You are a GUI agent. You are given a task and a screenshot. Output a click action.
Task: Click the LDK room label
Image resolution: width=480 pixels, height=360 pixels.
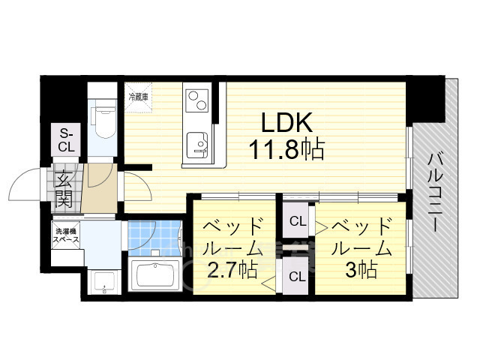point(286,122)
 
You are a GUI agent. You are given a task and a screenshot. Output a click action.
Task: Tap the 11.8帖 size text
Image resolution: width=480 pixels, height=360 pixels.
point(286,150)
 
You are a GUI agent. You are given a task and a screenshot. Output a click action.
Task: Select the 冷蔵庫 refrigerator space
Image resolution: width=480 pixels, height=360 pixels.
point(138,95)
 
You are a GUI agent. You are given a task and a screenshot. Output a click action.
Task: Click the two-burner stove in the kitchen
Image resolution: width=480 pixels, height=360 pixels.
point(197,100)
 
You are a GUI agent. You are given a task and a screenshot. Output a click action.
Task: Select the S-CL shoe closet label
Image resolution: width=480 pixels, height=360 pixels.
point(66,140)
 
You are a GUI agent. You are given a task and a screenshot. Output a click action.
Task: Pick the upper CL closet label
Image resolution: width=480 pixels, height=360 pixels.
point(298,221)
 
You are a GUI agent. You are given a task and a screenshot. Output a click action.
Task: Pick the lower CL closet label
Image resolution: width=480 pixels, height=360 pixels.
point(298,276)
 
